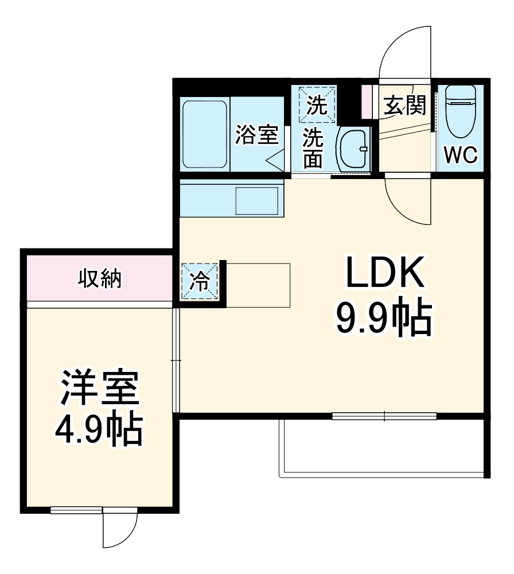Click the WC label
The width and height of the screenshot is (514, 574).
coord(461,155)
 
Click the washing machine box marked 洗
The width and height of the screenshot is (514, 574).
coord(313,104)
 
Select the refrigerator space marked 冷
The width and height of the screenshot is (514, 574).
coord(200,281)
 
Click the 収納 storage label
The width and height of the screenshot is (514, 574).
coord(99,280)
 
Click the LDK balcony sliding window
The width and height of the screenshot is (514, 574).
coord(384,416)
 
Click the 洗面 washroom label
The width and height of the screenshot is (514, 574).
coord(313,148)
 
